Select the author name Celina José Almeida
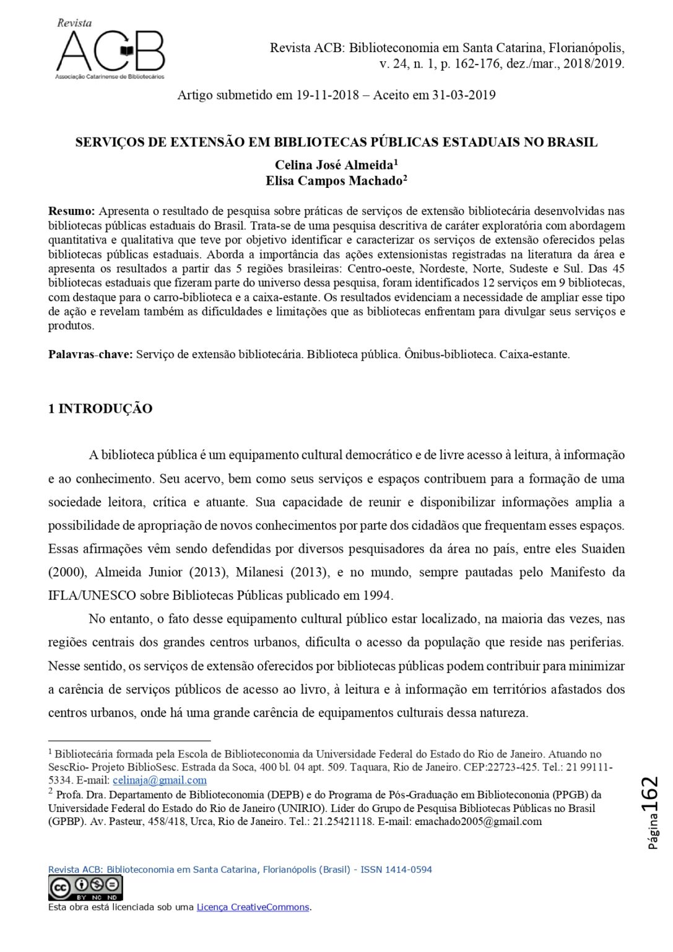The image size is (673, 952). pyautogui.click(x=334, y=165)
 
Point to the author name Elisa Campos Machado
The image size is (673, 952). pyautogui.click(x=334, y=180)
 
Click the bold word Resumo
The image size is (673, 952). pyautogui.click(x=71, y=211)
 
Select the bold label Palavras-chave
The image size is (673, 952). pyautogui.click(x=90, y=355)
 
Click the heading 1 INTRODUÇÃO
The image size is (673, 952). pyautogui.click(x=100, y=409)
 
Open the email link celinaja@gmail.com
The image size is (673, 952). pyautogui.click(x=159, y=780)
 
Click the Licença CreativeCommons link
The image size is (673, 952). pyautogui.click(x=253, y=907)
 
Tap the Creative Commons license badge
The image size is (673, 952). pyautogui.click(x=85, y=888)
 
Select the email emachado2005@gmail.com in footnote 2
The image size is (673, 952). pyautogui.click(x=478, y=821)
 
